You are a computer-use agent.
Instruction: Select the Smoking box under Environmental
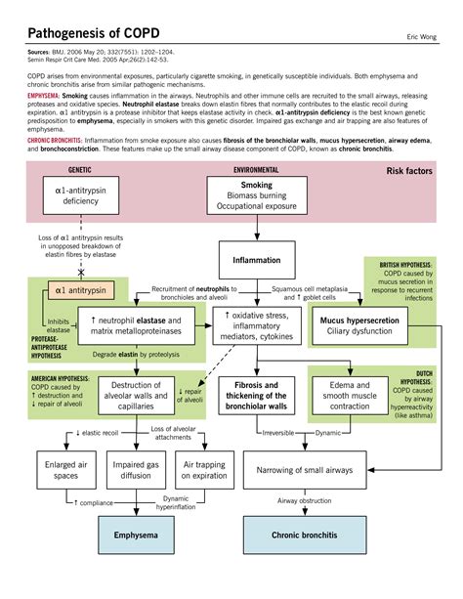click(257, 195)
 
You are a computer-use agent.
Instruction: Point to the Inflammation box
click(257, 261)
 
